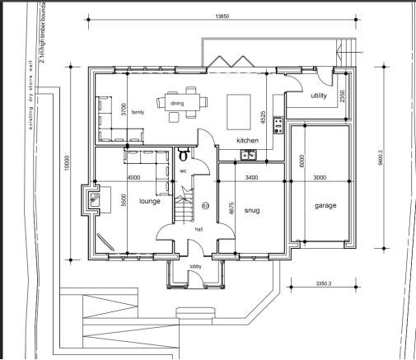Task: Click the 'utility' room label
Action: (x=319, y=96)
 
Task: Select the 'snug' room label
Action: (x=251, y=211)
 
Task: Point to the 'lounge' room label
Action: (x=149, y=200)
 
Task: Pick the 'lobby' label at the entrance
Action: (x=195, y=267)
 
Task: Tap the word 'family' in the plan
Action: (x=138, y=111)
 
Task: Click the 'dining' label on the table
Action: (x=178, y=103)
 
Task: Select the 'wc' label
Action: (x=184, y=171)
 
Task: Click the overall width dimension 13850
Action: (x=222, y=16)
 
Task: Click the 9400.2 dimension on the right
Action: (x=380, y=157)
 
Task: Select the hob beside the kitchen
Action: (x=278, y=126)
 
